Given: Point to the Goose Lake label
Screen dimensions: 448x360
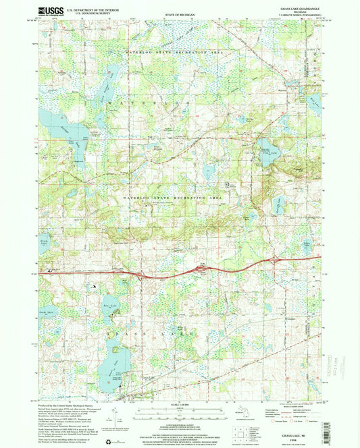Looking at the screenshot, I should point(46,312).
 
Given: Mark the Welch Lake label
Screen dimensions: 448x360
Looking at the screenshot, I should point(45,241).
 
